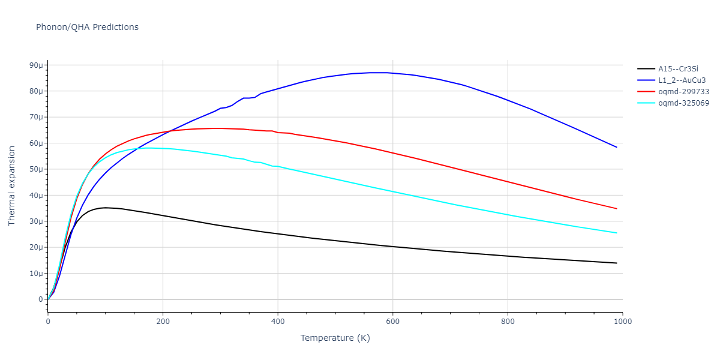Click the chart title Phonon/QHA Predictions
point(87,27)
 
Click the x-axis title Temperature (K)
point(335,338)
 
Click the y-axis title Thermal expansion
point(12,186)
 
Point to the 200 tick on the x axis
point(163,321)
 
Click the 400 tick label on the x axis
point(278,321)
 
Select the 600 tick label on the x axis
point(392,321)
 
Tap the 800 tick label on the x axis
point(508,321)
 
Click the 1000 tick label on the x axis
point(622,321)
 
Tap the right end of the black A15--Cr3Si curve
point(616,263)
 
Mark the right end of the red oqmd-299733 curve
point(616,209)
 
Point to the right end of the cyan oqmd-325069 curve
point(616,233)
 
